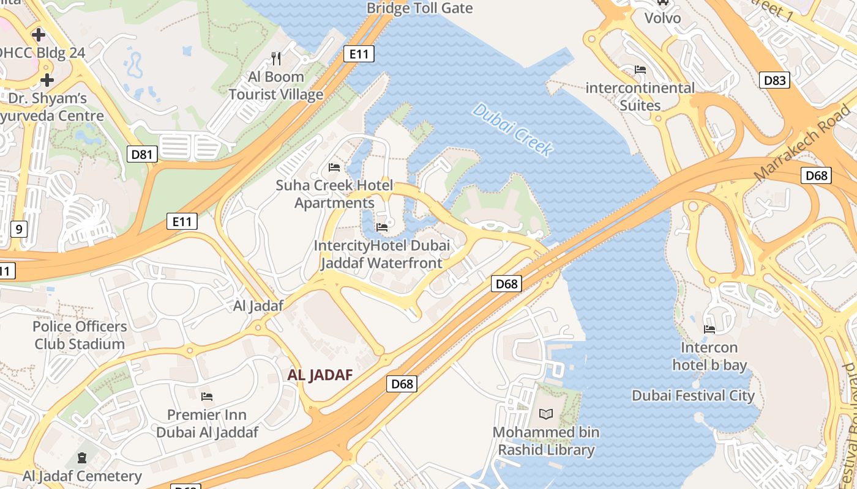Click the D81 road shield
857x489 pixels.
point(142,154)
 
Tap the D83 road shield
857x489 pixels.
point(774,80)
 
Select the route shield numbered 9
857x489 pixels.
point(19,229)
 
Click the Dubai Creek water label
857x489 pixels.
point(513,130)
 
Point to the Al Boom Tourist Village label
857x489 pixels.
point(276,86)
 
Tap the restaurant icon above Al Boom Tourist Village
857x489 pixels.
point(276,59)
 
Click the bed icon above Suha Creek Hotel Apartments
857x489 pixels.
point(334,167)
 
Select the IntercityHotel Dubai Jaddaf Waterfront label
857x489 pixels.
point(381,254)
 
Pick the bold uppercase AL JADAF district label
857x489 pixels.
point(320,375)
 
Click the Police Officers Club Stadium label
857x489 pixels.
point(80,335)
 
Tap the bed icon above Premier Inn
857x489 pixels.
point(207,397)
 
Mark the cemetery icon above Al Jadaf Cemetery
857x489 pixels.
point(82,457)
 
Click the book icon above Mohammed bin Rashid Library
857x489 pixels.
point(545,414)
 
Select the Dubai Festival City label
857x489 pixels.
point(693,395)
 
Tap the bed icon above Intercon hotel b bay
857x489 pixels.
point(709,329)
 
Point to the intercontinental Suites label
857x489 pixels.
point(640,97)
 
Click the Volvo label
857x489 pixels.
point(662,18)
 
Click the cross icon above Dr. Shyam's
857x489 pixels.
point(47,80)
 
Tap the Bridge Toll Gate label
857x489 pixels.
point(419,8)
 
